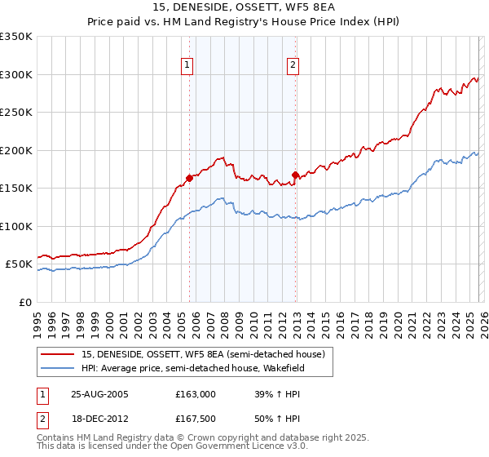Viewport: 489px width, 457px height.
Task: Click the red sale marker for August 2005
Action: coord(189,177)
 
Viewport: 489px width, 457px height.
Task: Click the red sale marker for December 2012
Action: coord(295,174)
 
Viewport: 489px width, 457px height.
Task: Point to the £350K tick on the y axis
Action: coord(16,37)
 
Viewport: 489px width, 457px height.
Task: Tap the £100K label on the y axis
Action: coord(16,226)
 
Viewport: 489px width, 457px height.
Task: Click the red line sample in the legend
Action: coord(58,354)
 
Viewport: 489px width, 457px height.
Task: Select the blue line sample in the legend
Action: coord(58,368)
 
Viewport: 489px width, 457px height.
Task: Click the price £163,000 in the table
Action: coord(196,394)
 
